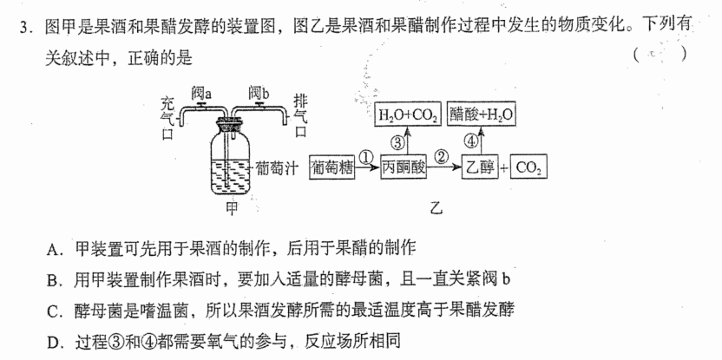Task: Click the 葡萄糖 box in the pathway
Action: tap(332, 167)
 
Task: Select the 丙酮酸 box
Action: tap(404, 167)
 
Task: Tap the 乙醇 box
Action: tap(480, 167)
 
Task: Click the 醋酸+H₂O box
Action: tap(481, 115)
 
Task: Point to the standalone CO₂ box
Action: tap(528, 167)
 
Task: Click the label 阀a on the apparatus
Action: tap(201, 94)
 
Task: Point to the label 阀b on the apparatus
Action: tap(259, 94)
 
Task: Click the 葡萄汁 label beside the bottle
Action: tap(275, 168)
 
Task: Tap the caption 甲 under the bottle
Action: tap(232, 208)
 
